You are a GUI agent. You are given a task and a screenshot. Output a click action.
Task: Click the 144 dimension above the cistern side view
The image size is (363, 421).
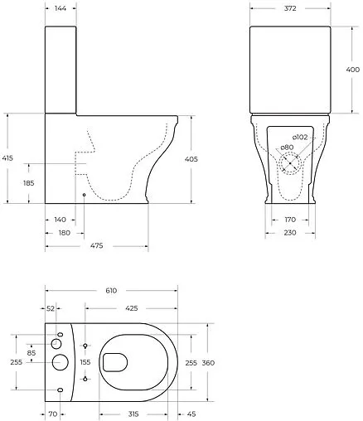pyautogui.click(x=60, y=8)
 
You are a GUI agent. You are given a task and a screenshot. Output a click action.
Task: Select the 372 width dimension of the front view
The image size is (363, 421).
pyautogui.click(x=290, y=8)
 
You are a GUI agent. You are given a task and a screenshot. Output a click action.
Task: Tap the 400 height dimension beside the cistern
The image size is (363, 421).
pyautogui.click(x=353, y=70)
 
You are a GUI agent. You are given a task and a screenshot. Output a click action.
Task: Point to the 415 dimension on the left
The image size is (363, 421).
pyautogui.click(x=7, y=158)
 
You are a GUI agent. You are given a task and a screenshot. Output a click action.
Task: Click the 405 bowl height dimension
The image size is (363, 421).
pyautogui.click(x=191, y=159)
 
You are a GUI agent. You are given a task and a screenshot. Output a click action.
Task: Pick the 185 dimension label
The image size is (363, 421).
pyautogui.click(x=29, y=183)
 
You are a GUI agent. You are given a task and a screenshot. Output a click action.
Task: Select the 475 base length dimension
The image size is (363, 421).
pyautogui.click(x=97, y=245)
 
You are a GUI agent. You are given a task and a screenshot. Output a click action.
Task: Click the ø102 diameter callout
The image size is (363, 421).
pyautogui.click(x=300, y=138)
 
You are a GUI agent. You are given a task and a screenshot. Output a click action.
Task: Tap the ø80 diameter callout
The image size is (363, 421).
pyautogui.click(x=287, y=148)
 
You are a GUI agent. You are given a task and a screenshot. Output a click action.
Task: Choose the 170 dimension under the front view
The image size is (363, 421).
pyautogui.click(x=290, y=220)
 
